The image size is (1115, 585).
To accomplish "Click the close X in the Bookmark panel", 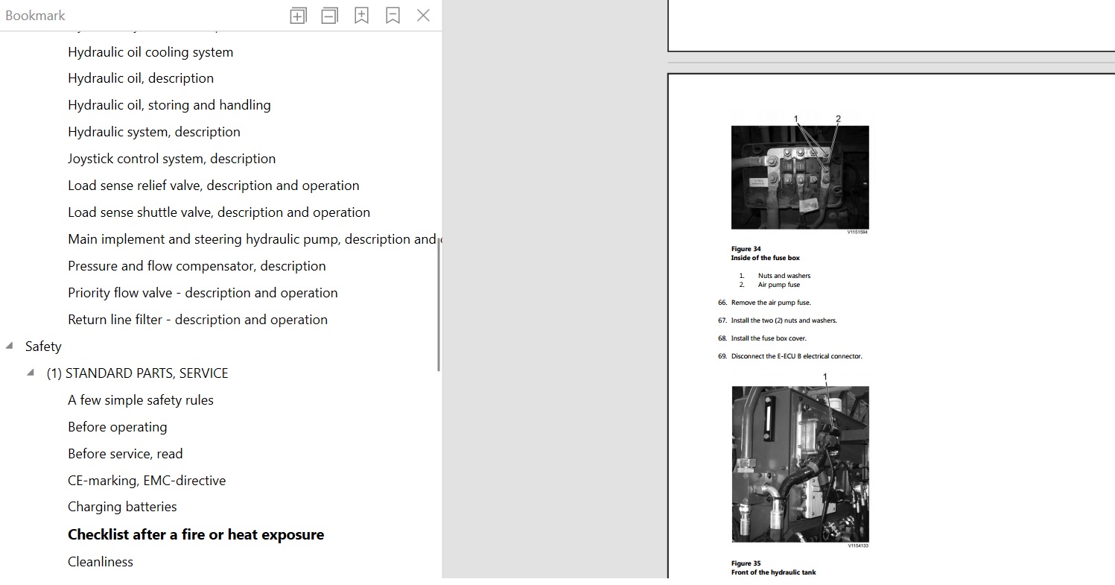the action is click(x=423, y=16).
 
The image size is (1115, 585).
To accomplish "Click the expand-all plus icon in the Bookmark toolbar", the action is click(x=298, y=16).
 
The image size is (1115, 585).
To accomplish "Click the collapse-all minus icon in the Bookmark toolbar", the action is click(x=329, y=16).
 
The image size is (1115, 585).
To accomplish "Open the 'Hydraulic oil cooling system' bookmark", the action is click(x=150, y=51).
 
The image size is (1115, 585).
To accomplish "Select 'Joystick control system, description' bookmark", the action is click(x=172, y=158).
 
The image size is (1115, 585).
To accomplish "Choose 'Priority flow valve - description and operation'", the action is click(x=203, y=293).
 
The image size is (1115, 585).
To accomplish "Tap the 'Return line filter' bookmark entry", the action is click(x=197, y=320).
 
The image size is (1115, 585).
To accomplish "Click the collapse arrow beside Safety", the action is click(x=9, y=345).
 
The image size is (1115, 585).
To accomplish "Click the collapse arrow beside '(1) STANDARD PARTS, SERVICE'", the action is click(x=31, y=372).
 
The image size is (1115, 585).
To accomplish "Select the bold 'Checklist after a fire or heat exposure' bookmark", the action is click(x=196, y=534).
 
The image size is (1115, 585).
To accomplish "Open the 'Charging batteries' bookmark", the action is click(x=122, y=507).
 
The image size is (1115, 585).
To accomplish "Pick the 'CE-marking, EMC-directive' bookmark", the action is click(x=147, y=481).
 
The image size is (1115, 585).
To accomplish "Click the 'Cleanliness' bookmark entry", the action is click(x=101, y=562).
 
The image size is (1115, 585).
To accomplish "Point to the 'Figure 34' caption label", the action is click(x=746, y=249).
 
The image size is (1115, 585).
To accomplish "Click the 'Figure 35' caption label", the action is click(x=746, y=563).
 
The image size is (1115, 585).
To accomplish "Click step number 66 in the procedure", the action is click(x=722, y=303).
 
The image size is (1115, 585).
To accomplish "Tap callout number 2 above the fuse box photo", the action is click(x=838, y=119).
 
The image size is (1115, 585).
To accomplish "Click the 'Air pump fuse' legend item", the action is click(x=778, y=285).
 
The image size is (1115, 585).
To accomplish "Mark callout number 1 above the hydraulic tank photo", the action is click(x=825, y=377).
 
